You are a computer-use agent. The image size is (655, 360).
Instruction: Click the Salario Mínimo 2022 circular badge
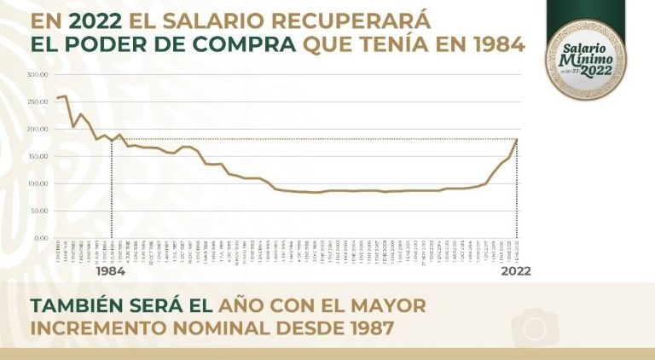[585, 60]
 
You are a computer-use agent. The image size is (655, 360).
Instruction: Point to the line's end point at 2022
[517, 139]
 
